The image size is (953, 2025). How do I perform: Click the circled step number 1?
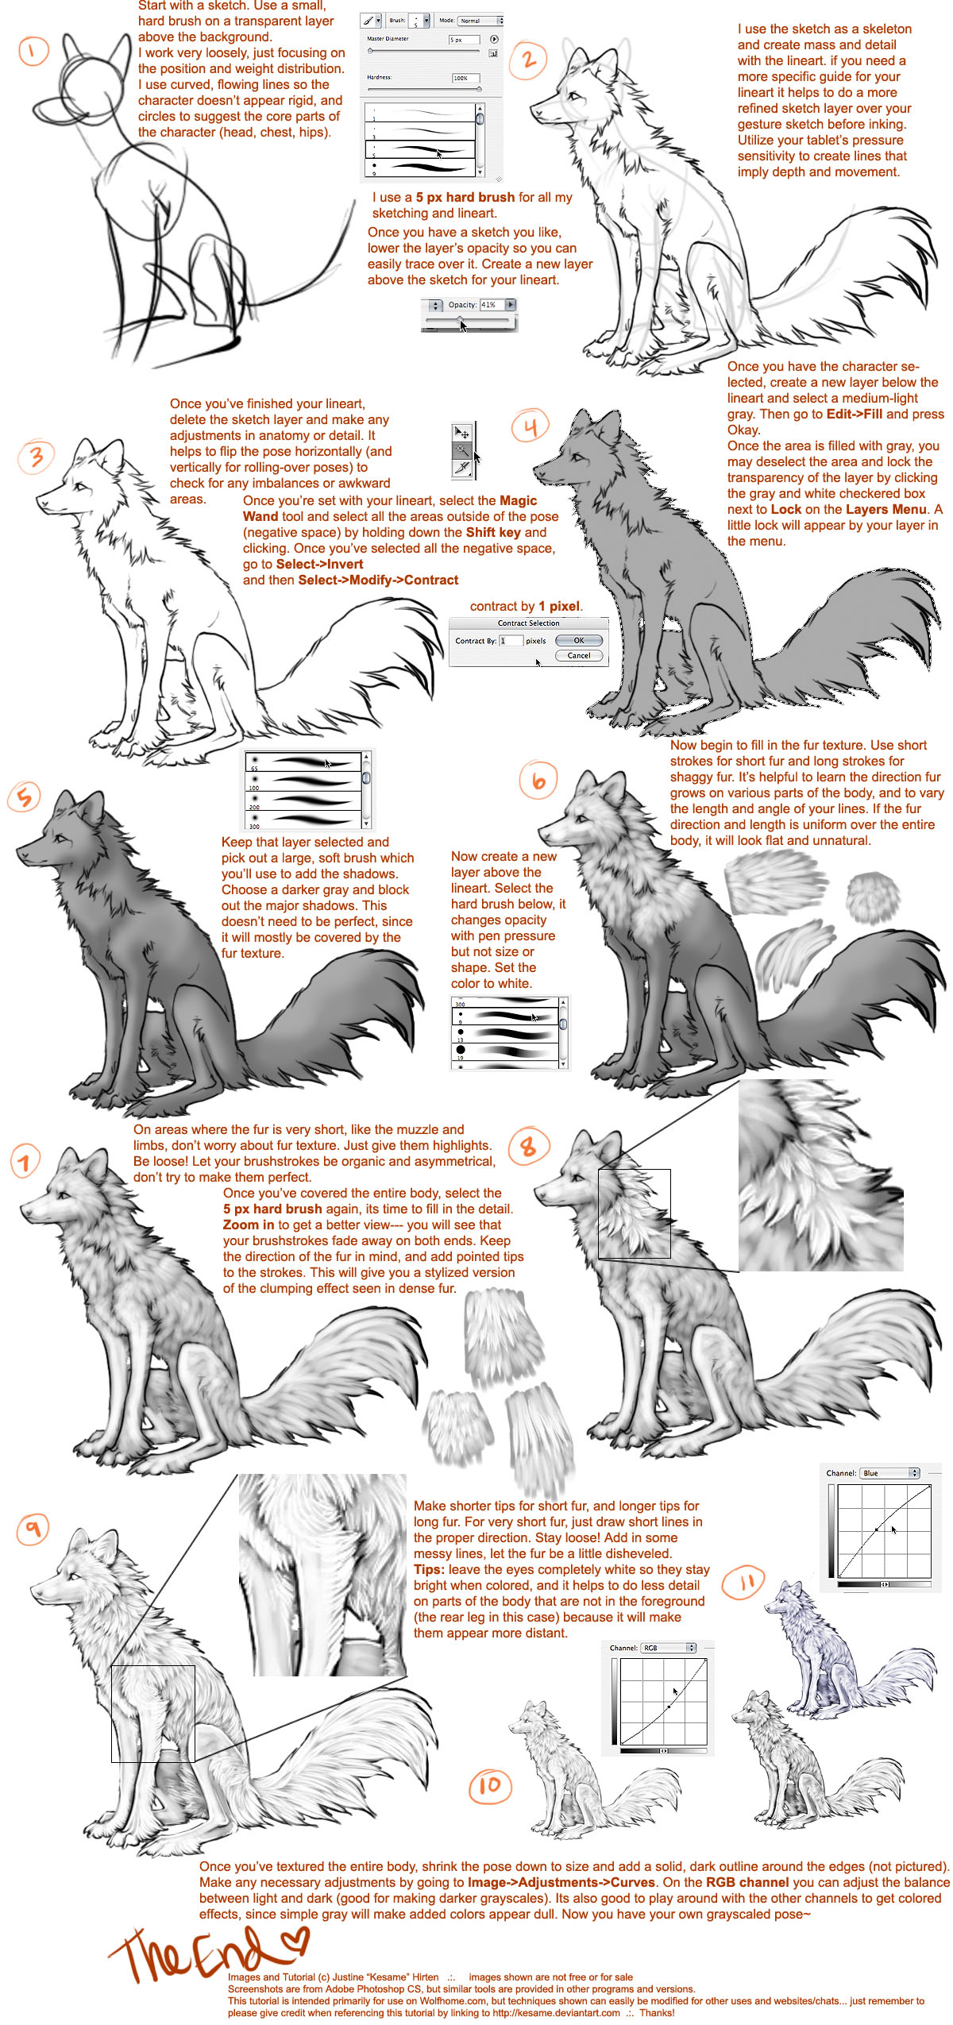(33, 52)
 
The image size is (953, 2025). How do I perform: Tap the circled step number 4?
(531, 426)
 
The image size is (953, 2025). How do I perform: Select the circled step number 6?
(538, 781)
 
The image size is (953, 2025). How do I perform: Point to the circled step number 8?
(527, 1147)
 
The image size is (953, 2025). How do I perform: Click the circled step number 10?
(490, 1786)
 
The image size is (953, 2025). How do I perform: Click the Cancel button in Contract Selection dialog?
(579, 656)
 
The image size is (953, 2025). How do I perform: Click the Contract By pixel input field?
(511, 641)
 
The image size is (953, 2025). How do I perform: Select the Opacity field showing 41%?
(488, 305)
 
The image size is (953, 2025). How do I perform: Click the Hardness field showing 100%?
(465, 78)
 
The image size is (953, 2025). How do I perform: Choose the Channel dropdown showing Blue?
(889, 1473)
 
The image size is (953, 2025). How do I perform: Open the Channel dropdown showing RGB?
(668, 1648)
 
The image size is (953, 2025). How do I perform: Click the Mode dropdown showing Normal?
(480, 20)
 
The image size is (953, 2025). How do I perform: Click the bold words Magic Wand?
(390, 508)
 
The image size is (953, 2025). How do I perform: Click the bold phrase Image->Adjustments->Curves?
(561, 1882)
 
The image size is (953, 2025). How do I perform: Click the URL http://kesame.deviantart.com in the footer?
(556, 2013)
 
